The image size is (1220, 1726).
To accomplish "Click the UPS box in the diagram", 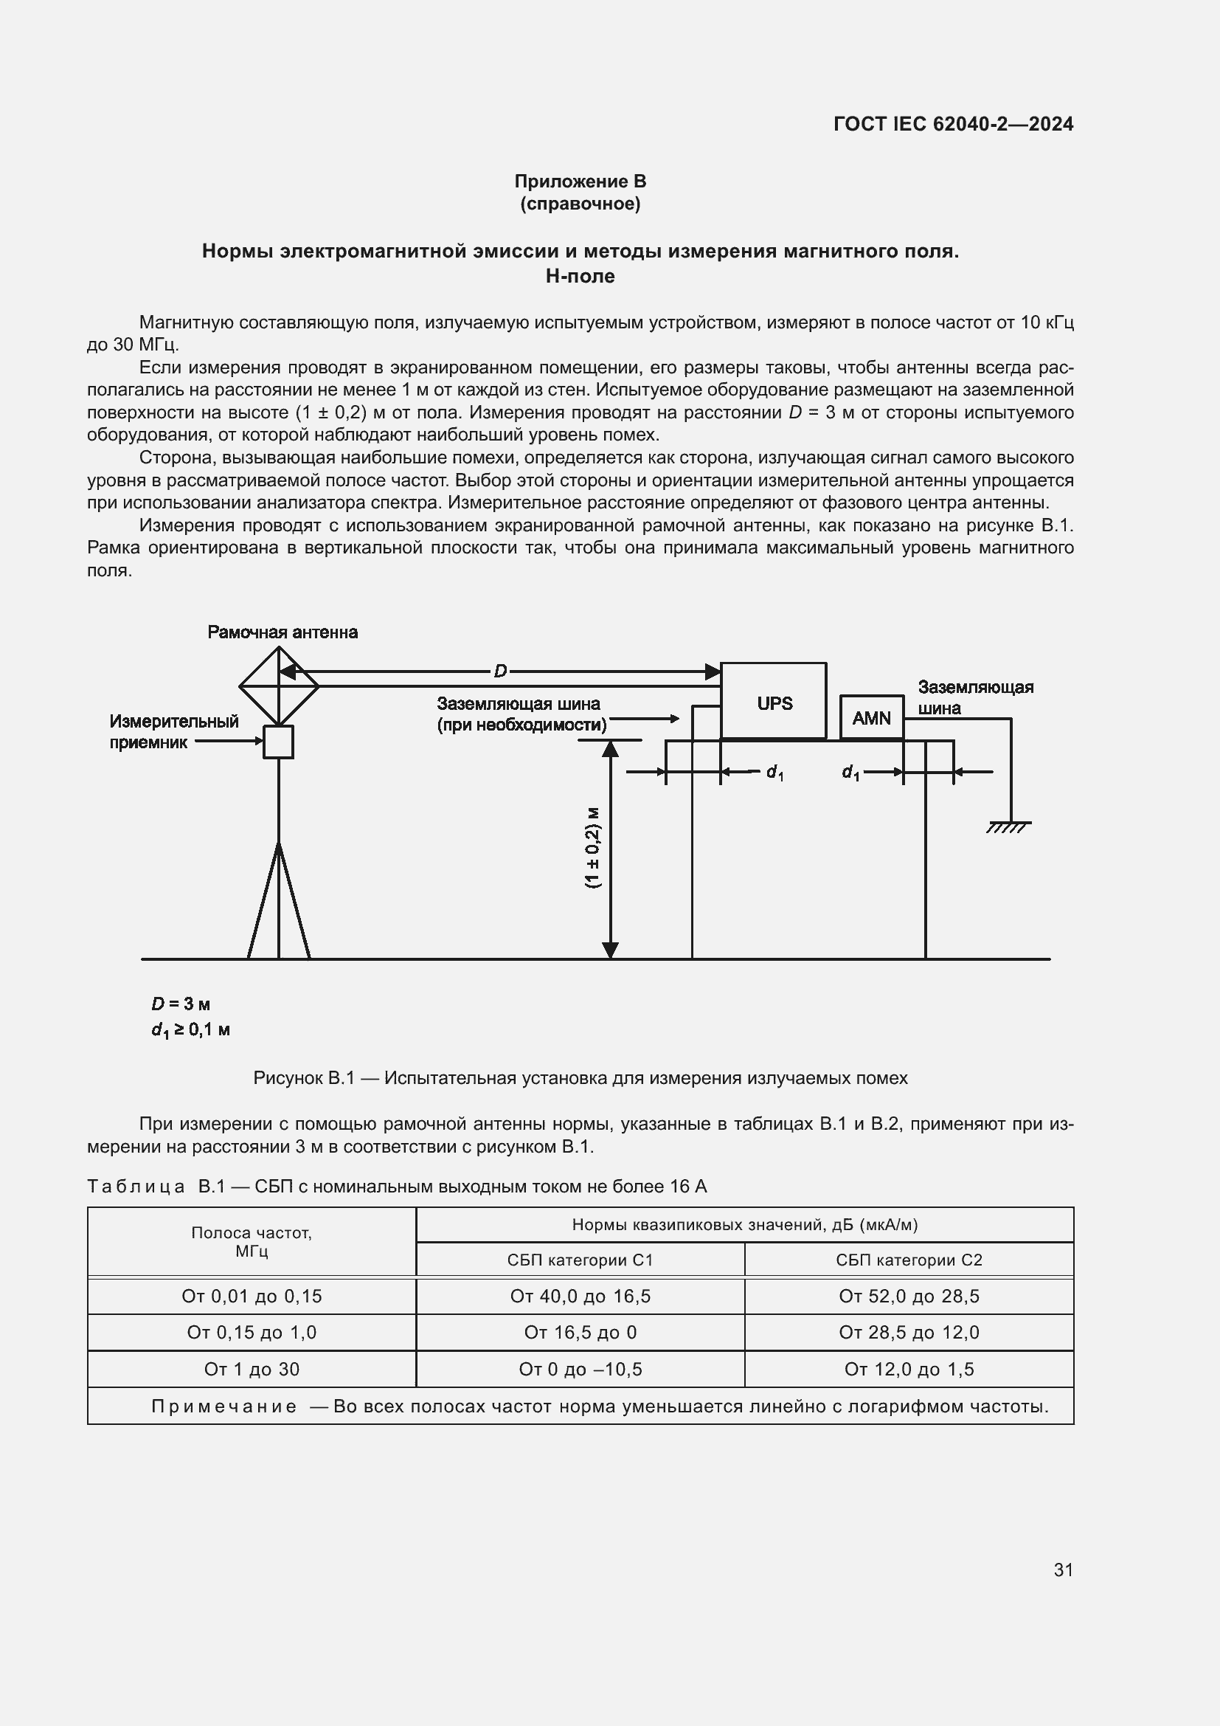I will click(773, 701).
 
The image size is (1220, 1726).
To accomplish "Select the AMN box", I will click(871, 718).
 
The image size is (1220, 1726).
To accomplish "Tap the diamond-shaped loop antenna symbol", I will click(279, 686).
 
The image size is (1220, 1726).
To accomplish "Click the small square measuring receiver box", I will click(278, 742).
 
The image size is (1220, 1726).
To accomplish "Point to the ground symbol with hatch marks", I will click(1009, 826).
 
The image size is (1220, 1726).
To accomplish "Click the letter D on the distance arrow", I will click(500, 672).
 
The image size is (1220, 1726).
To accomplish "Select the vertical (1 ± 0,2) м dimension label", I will click(593, 848).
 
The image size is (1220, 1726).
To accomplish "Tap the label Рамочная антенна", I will click(283, 632).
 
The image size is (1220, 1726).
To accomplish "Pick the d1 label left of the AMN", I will click(850, 772).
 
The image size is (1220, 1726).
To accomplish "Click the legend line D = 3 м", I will click(180, 1004).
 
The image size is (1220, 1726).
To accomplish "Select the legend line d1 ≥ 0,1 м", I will click(190, 1030).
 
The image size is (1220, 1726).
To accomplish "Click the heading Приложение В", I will click(580, 182).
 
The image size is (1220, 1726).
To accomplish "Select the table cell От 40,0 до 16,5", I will click(580, 1296).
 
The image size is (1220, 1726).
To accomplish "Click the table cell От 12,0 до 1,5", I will click(908, 1369).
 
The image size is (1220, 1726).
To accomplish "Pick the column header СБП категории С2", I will click(908, 1260).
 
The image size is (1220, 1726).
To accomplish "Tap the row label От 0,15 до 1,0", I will click(252, 1332).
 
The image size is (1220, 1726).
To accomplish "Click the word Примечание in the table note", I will click(224, 1406).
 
